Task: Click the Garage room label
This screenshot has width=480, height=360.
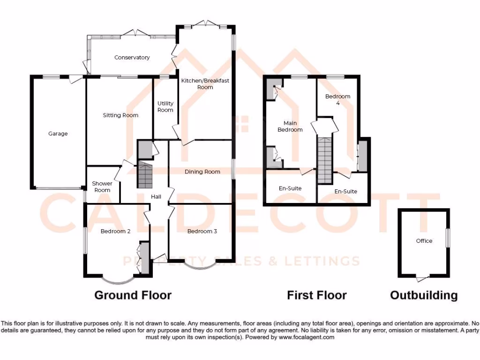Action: coord(58,134)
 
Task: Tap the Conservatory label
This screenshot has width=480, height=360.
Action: coord(132,58)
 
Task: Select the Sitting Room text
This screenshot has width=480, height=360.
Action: coord(120,115)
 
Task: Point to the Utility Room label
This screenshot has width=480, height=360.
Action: coord(165,107)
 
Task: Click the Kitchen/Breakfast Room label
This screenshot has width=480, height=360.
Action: coord(205,84)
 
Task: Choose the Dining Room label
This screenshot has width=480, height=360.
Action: coord(202,172)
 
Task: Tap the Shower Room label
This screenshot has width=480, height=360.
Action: coord(102,187)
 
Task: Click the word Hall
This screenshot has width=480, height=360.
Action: coord(156,197)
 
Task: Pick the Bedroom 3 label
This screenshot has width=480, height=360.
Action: coord(202,231)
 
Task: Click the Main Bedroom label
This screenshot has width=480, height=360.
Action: coord(290,127)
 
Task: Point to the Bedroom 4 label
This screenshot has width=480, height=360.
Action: coord(337,99)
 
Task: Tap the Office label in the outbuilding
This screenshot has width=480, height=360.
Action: coord(424,241)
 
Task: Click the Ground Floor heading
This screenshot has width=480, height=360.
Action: coord(133,295)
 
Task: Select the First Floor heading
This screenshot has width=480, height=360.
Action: coord(317,295)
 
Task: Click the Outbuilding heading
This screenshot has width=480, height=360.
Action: coord(424,295)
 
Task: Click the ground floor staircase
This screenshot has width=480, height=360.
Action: coord(145,175)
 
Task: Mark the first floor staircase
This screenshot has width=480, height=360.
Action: coord(324,159)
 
